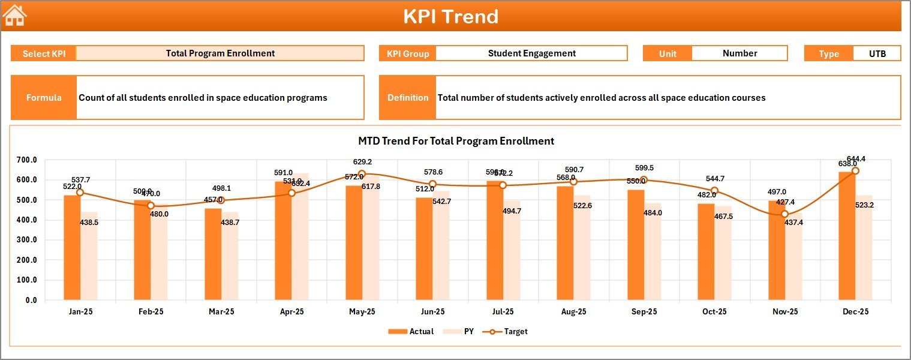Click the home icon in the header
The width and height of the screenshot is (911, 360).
click(x=15, y=16)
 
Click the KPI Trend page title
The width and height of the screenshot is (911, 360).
click(x=450, y=16)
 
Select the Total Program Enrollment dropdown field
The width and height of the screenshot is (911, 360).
click(x=220, y=53)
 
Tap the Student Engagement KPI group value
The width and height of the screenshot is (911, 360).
click(x=531, y=53)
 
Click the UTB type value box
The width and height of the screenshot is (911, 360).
click(x=877, y=53)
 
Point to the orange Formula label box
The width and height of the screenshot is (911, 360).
click(x=44, y=98)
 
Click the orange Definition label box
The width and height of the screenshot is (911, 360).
click(x=408, y=98)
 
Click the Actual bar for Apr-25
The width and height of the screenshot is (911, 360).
click(x=283, y=241)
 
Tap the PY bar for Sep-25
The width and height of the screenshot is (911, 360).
click(x=653, y=251)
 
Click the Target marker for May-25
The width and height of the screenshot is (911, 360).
click(x=362, y=174)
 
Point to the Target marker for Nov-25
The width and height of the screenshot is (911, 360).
click(x=784, y=214)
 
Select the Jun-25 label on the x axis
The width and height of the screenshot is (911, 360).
click(x=432, y=312)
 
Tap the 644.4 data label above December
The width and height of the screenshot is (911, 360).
click(x=856, y=159)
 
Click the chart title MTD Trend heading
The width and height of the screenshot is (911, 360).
click(x=456, y=141)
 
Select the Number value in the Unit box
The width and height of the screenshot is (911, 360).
click(x=739, y=53)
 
